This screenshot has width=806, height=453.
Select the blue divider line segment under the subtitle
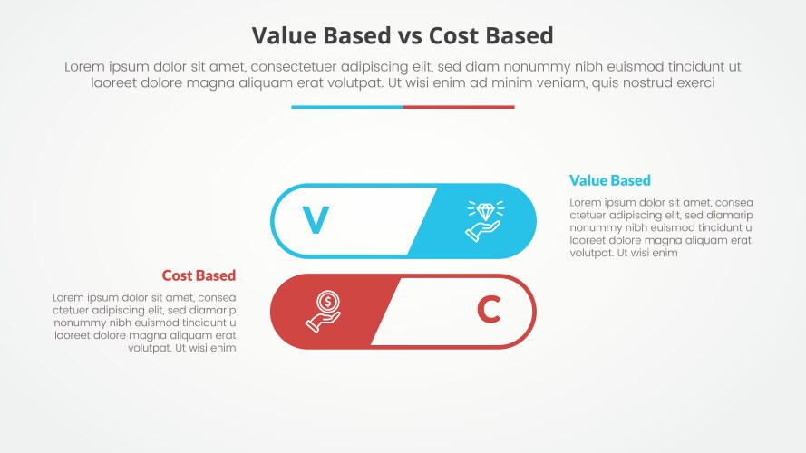pyautogui.click(x=346, y=107)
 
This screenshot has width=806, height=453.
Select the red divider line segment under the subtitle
pyautogui.click(x=459, y=107)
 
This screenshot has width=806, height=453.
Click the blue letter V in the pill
pyautogui.click(x=315, y=221)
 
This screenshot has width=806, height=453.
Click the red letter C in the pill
pyautogui.click(x=489, y=311)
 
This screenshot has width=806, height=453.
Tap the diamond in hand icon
pyautogui.click(x=483, y=221)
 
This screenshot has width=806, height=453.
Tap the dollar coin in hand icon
pyautogui.click(x=324, y=311)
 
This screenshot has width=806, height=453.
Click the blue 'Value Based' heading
pyautogui.click(x=609, y=180)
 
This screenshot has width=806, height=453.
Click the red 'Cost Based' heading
pyautogui.click(x=199, y=275)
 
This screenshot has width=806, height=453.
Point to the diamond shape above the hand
pyautogui.click(x=487, y=211)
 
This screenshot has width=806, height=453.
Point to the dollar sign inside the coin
pyautogui.click(x=326, y=302)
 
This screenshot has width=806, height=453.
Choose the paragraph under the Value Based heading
pyautogui.click(x=661, y=227)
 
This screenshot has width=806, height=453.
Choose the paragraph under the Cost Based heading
pyautogui.click(x=145, y=322)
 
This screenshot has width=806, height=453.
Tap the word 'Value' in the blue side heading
pyautogui.click(x=588, y=180)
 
